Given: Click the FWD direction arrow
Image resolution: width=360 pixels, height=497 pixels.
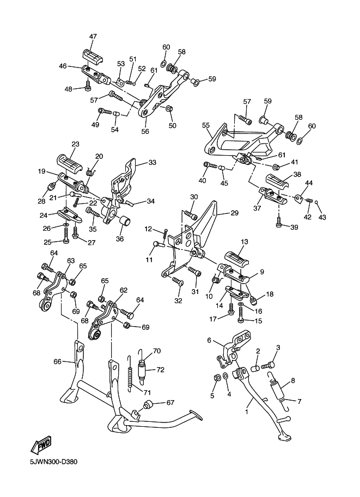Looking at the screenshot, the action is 40,446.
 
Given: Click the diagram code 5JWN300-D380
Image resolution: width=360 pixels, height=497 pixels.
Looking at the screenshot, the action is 54,462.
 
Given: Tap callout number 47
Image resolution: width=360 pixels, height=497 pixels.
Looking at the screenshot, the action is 93,36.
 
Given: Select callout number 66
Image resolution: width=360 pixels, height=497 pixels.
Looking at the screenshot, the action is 57,361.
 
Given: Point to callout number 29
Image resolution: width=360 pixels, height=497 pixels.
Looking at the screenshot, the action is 234,213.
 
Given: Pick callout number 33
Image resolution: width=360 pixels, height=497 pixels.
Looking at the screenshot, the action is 152,163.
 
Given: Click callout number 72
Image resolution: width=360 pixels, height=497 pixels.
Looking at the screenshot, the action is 161,370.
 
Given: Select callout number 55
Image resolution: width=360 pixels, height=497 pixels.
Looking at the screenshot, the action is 206,126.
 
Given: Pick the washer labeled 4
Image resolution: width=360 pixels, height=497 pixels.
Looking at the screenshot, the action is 225,376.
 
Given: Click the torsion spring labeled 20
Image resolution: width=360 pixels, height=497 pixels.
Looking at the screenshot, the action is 90,172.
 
